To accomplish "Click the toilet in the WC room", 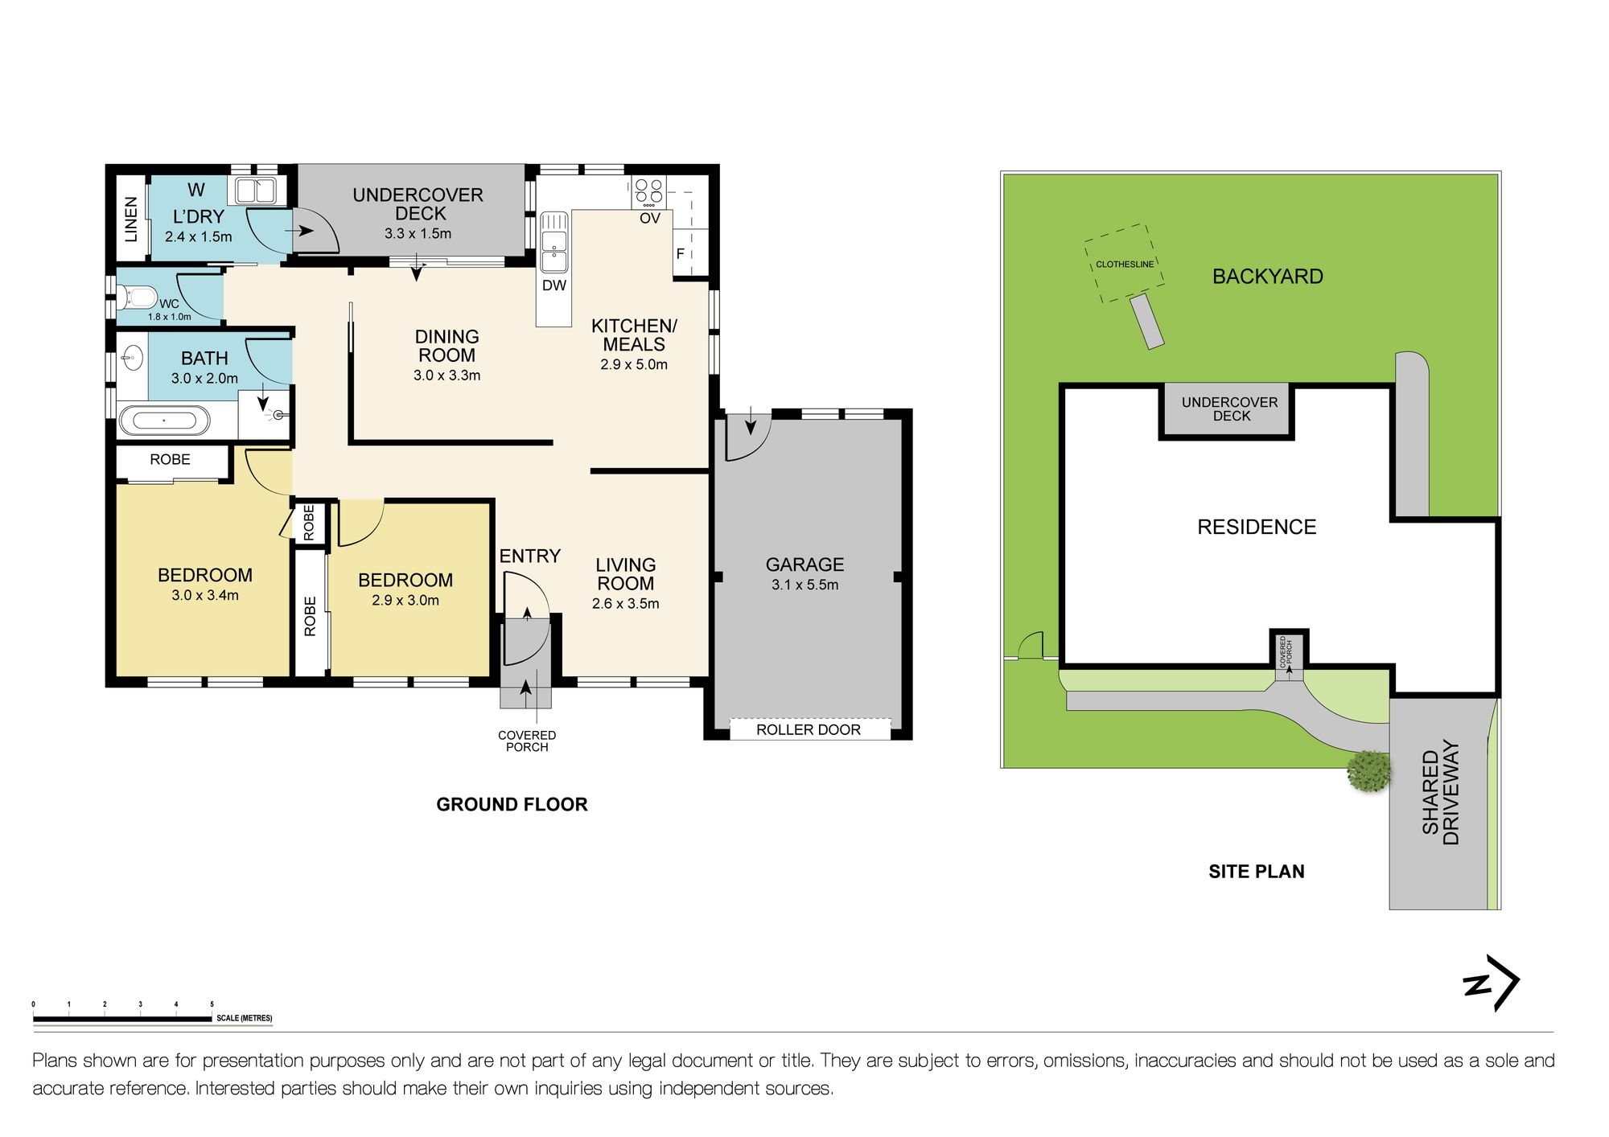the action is (137, 298).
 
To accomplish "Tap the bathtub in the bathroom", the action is (164, 421).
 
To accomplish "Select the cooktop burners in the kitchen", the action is (648, 190).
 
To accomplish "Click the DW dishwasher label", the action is (554, 285).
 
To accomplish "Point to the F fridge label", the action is (680, 254).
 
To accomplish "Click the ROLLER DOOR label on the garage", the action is (809, 730).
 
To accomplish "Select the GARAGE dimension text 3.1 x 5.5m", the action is (804, 585).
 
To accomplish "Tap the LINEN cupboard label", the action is (131, 219).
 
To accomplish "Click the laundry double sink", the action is (256, 191).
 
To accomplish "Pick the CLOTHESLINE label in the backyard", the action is (1125, 265).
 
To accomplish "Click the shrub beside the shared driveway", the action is (1369, 771).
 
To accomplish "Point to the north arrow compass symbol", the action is (1492, 983).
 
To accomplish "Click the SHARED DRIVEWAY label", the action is (1441, 793).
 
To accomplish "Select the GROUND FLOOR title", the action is (512, 804).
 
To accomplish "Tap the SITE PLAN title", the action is (1257, 871).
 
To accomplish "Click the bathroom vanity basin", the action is (132, 358).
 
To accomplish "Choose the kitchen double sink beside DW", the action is (553, 242).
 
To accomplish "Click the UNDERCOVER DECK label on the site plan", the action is (1230, 408).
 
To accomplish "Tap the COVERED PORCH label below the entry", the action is (527, 741).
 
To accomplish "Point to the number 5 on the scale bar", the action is (212, 1004).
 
